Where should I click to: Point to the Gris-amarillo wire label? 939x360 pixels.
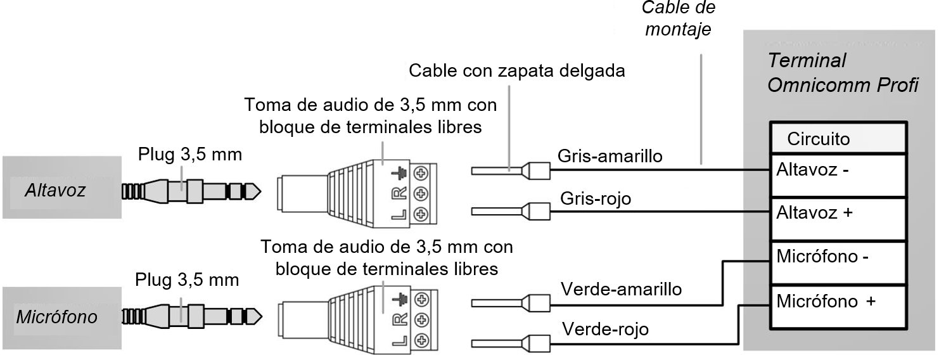coord(610,155)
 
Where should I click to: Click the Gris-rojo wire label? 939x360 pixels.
coord(596,199)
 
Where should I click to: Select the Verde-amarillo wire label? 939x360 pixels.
coord(621,289)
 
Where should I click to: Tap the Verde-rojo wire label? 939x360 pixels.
coord(605,330)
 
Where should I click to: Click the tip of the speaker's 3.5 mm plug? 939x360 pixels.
coord(255,190)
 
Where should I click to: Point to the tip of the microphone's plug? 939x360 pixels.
coord(255,315)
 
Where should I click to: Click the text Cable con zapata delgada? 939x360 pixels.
coord(516,70)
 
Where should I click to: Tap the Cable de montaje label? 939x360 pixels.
coord(678,19)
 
